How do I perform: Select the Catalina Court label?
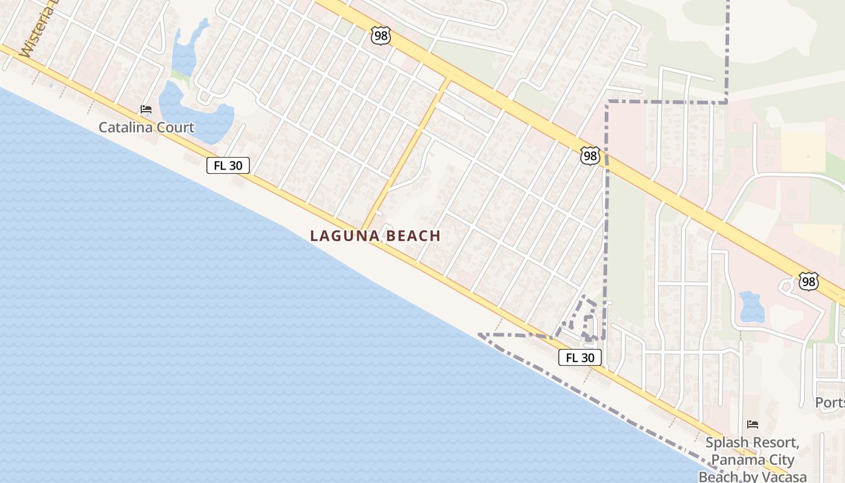(x=146, y=127)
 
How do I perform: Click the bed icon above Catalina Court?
(x=146, y=109)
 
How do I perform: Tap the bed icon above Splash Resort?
(x=752, y=424)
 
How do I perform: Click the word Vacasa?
(x=782, y=477)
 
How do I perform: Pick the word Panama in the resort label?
(x=734, y=460)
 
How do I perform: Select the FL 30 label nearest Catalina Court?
(x=228, y=165)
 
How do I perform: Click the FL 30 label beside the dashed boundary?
(x=579, y=357)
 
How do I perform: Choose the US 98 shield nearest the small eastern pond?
(x=808, y=281)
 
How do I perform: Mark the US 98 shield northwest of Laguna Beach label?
(x=381, y=36)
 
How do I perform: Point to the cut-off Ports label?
(x=830, y=403)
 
